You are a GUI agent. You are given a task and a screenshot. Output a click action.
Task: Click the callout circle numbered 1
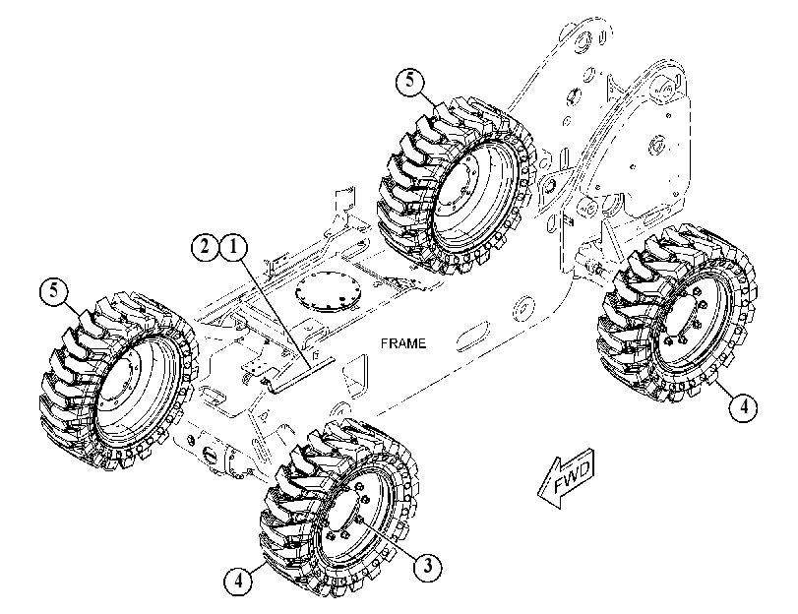click(233, 247)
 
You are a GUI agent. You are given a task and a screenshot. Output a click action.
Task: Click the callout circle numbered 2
click(205, 247)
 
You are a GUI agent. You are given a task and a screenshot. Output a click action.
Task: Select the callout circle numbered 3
click(427, 565)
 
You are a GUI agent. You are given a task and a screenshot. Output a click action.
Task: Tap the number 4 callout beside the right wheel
click(743, 406)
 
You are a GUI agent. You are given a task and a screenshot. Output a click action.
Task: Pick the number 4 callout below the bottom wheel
click(238, 580)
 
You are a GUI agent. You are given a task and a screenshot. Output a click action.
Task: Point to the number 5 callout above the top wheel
click(410, 81)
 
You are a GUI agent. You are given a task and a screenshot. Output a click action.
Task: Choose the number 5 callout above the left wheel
click(54, 292)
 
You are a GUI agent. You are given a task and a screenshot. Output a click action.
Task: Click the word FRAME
click(403, 343)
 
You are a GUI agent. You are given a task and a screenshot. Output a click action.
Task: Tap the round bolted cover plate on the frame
click(329, 290)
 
